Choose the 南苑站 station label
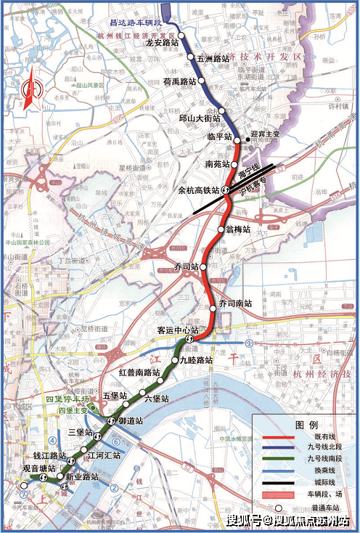(x=218, y=164)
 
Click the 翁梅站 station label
(x=238, y=229)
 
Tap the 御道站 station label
(x=131, y=421)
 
